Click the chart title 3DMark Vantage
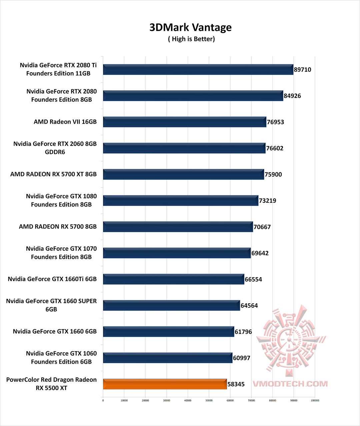click(190, 27)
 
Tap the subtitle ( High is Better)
click(191, 39)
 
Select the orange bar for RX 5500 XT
click(165, 384)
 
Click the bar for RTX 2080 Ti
click(198, 70)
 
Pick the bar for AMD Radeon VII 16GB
click(184, 122)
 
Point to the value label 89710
click(302, 70)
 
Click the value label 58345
click(236, 384)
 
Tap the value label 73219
click(267, 201)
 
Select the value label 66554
click(253, 279)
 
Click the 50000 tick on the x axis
click(209, 400)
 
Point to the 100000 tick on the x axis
click(315, 400)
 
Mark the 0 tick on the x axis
click(103, 400)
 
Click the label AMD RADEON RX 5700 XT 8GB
click(53, 174)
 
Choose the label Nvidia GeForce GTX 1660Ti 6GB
click(52, 279)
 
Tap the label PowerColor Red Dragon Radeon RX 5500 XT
click(51, 384)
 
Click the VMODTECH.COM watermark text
click(290, 384)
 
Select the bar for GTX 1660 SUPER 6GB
click(171, 305)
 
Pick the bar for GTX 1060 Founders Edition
click(167, 358)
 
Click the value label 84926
click(292, 96)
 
